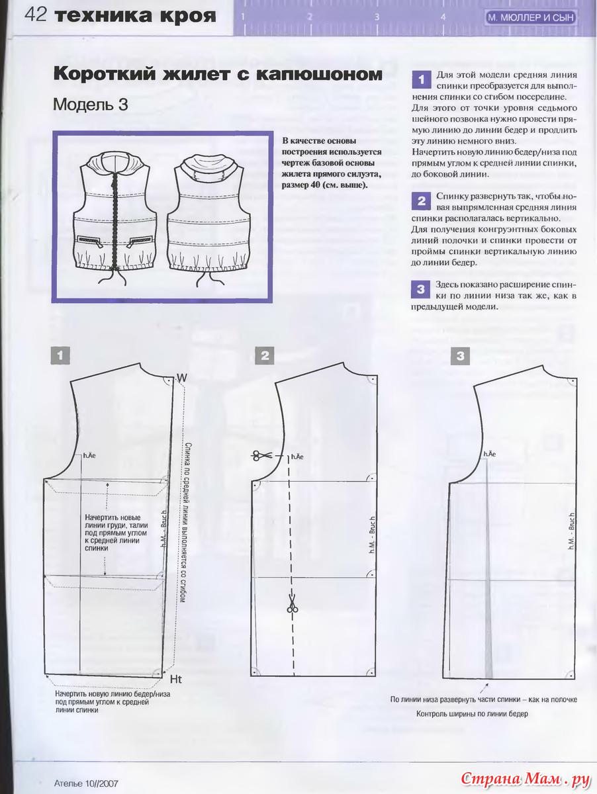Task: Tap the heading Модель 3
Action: point(91,105)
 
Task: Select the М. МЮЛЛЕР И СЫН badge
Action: point(531,17)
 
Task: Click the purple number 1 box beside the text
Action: point(422,79)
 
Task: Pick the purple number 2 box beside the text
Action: point(422,201)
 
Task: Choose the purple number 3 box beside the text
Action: point(421,289)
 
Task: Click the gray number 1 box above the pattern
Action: point(60,355)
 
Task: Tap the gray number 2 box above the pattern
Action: point(265,355)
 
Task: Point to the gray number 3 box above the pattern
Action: point(460,356)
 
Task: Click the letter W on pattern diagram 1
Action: point(182,378)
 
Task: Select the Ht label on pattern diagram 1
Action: point(176,680)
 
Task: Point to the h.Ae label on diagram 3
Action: point(490,454)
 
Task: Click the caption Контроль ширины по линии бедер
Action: point(472,714)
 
